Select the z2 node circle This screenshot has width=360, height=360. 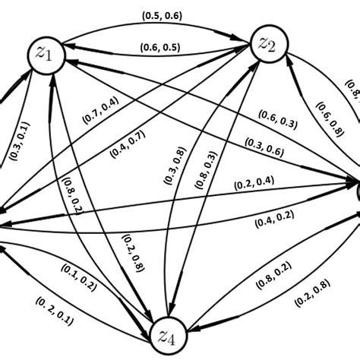pyautogui.click(x=270, y=44)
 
